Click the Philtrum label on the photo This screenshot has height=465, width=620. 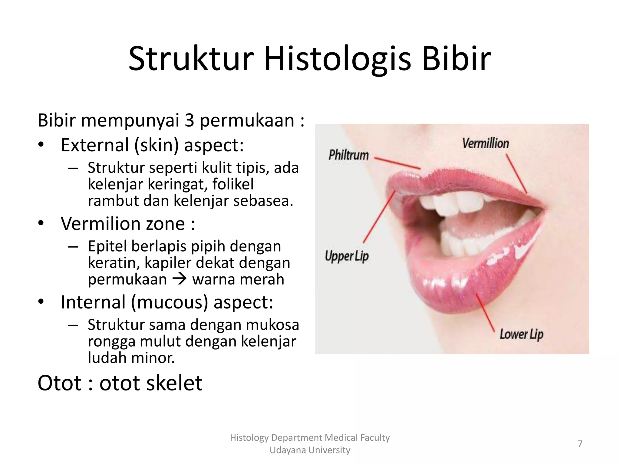click(348, 155)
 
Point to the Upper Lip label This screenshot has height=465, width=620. click(347, 256)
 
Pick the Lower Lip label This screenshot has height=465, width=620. click(521, 334)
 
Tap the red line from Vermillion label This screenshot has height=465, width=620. click(516, 174)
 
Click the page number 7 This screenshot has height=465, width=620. click(580, 444)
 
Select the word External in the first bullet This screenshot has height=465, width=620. click(95, 145)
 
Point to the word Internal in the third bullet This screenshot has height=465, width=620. click(93, 302)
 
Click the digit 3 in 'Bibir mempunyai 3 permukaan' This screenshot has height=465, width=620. click(189, 120)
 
